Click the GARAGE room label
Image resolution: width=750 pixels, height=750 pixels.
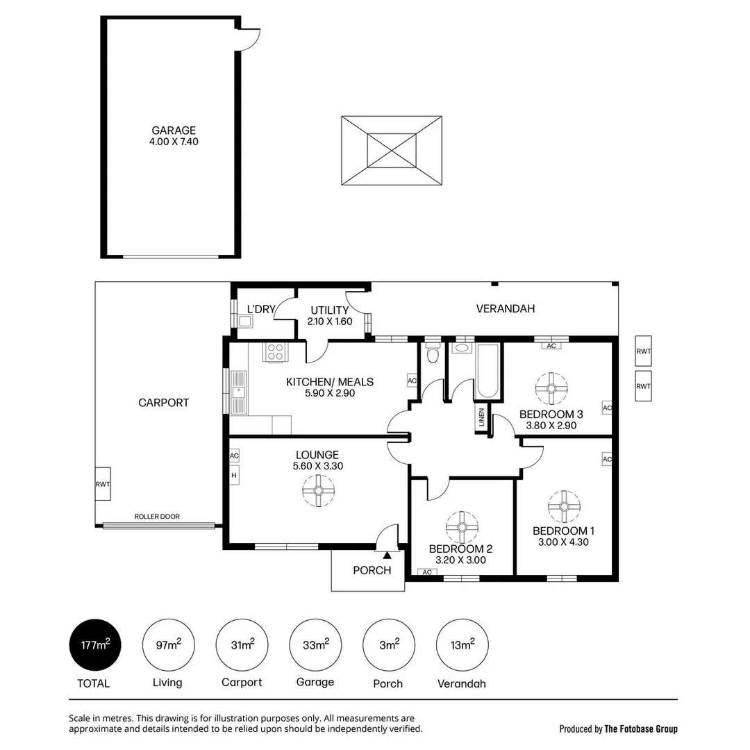pyautogui.click(x=174, y=130)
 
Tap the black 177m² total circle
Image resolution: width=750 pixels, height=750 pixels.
pyautogui.click(x=95, y=644)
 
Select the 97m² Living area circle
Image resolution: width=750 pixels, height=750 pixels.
pyautogui.click(x=168, y=644)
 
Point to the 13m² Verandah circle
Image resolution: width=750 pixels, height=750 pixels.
pyautogui.click(x=462, y=644)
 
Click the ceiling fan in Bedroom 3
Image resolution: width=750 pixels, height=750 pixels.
pyautogui.click(x=551, y=388)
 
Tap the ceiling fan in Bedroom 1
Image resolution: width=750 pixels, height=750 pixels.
pyautogui.click(x=564, y=506)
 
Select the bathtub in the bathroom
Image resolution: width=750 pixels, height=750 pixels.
pyautogui.click(x=487, y=371)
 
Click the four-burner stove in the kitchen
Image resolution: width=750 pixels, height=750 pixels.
pyautogui.click(x=275, y=353)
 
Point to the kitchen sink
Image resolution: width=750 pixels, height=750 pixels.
pyautogui.click(x=238, y=392)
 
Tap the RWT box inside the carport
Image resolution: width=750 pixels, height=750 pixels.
pyautogui.click(x=103, y=484)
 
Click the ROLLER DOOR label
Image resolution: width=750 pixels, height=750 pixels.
pyautogui.click(x=157, y=517)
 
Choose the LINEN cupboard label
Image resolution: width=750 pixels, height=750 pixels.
pyautogui.click(x=482, y=417)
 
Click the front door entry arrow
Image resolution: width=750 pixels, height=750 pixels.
pyautogui.click(x=387, y=555)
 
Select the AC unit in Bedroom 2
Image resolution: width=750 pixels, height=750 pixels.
pyautogui.click(x=427, y=572)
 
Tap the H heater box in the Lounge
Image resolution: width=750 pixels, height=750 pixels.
pyautogui.click(x=234, y=476)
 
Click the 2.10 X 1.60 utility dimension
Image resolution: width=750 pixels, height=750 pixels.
pyautogui.click(x=330, y=322)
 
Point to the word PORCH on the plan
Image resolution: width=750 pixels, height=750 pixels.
pyautogui.click(x=372, y=570)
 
